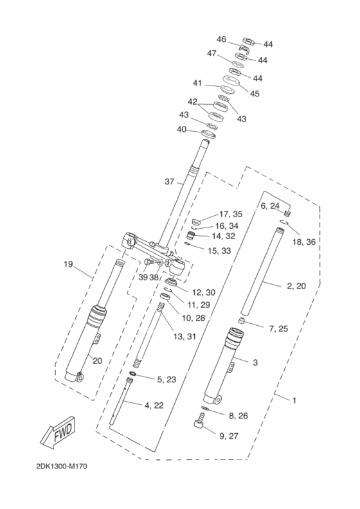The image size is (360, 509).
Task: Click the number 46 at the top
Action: pyautogui.click(x=221, y=39)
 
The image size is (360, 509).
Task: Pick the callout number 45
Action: pyautogui.click(x=255, y=93)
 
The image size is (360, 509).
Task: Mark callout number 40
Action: pyautogui.click(x=182, y=129)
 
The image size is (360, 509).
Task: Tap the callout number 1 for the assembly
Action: pyautogui.click(x=294, y=400)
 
